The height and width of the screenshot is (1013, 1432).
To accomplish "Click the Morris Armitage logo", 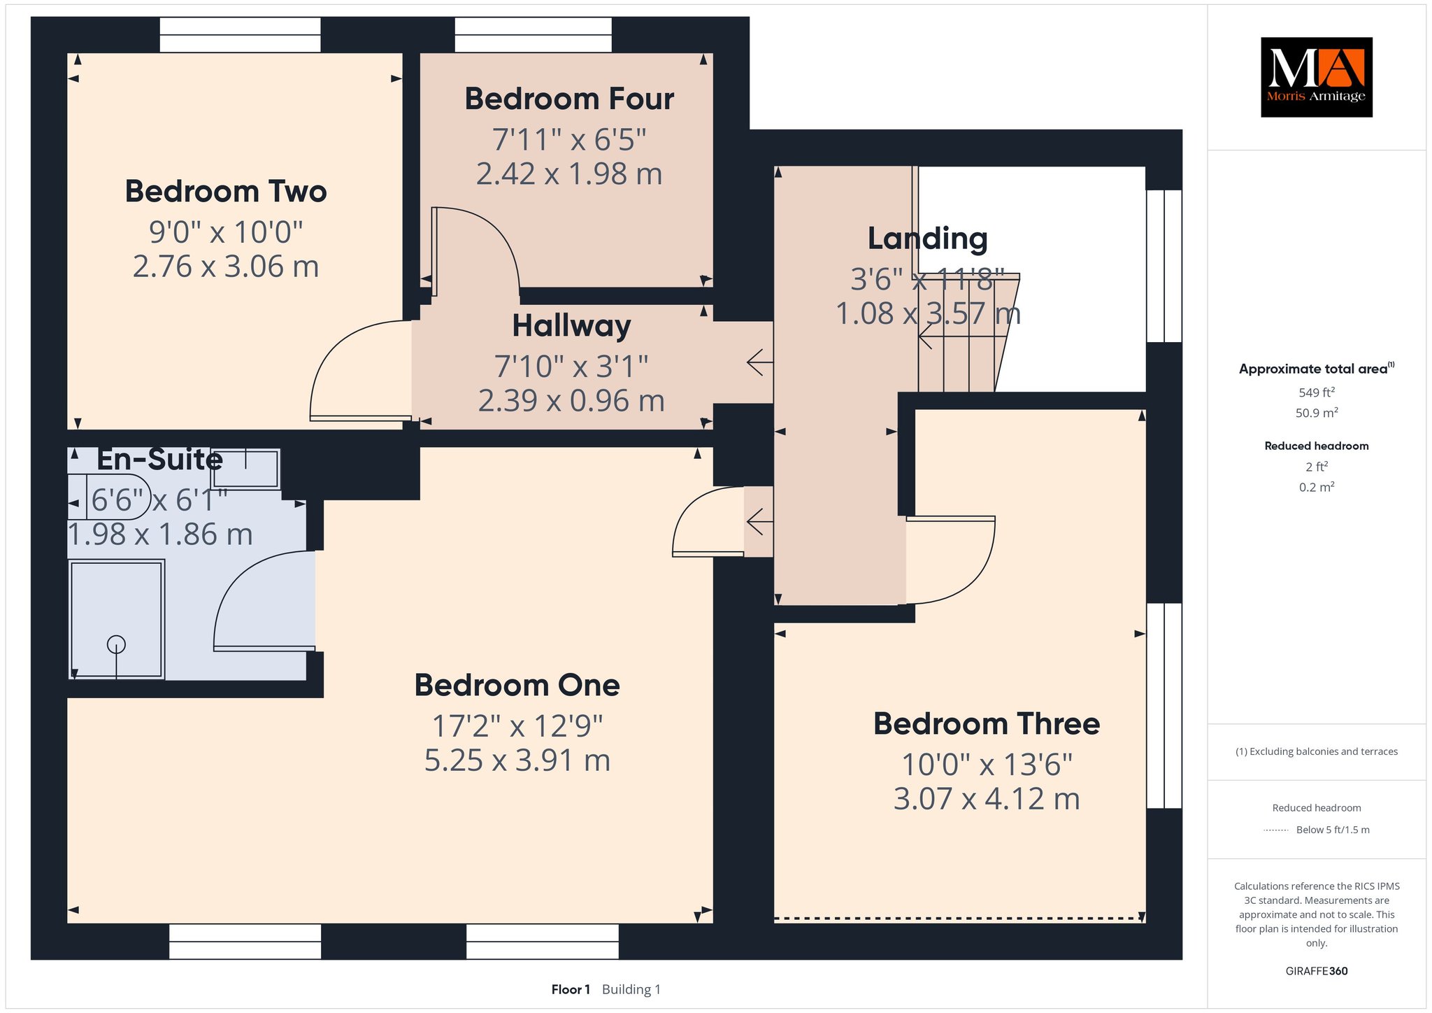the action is coord(1316,77).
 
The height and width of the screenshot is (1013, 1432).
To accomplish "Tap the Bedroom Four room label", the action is coord(569,99).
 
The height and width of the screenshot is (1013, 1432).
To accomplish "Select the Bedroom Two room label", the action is coord(226,192).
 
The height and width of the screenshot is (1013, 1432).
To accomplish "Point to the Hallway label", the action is coord(571,326).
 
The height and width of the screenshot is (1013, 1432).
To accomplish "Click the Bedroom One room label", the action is coord(517,685).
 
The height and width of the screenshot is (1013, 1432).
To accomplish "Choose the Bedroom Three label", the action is coord(987,723).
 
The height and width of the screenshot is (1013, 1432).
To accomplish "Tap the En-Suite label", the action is coord(159,460).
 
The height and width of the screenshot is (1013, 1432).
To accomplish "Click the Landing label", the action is coord(928,239).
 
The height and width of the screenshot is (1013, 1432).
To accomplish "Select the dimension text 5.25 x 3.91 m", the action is coord(517,760).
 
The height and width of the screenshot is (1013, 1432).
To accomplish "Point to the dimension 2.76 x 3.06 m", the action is coord(226,267).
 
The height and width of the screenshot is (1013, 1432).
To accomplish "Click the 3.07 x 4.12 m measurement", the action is coord(987,799).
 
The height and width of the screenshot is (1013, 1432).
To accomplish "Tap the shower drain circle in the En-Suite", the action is coord(116,644).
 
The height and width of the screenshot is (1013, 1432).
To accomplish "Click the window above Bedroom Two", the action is coord(240,35).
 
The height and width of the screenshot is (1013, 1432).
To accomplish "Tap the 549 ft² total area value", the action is coord(1317,392).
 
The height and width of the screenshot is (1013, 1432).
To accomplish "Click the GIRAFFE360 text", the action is coord(1317,971).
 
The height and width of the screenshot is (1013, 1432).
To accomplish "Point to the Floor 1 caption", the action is coord(571,989).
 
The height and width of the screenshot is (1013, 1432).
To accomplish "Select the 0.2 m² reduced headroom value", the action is coord(1317,487).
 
